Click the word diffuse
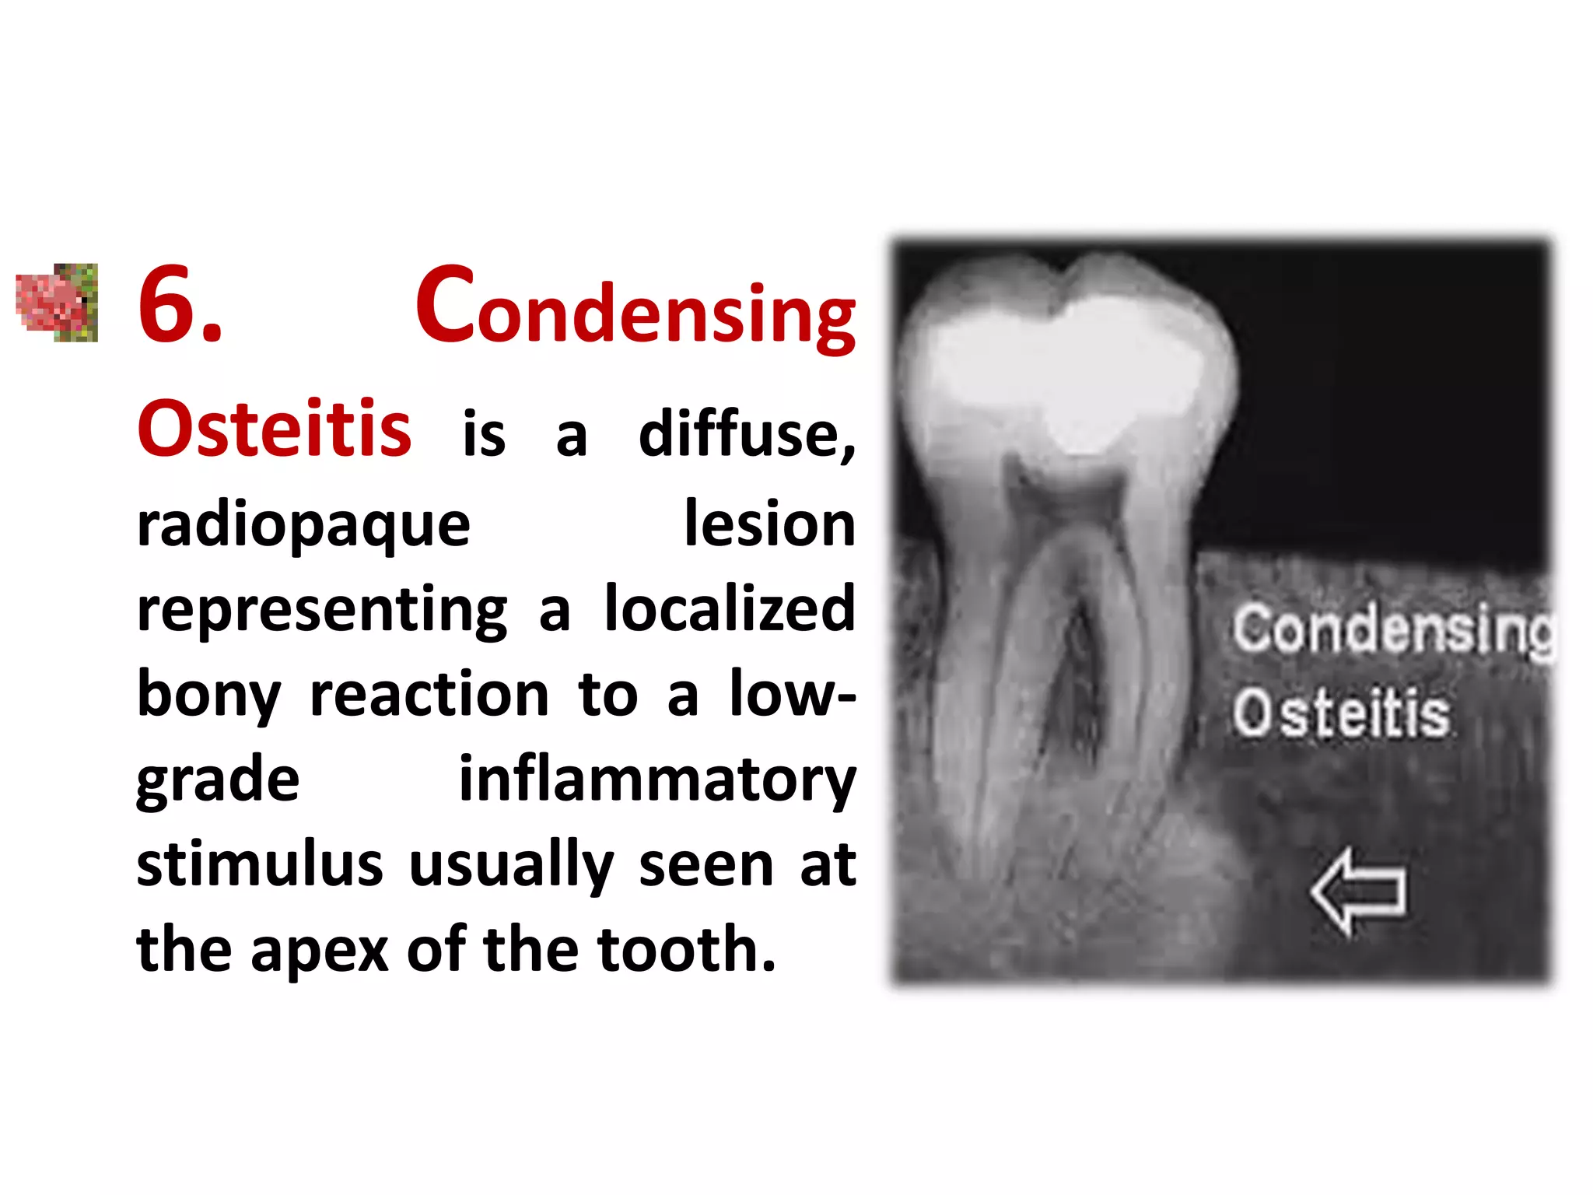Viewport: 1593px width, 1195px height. pos(745,434)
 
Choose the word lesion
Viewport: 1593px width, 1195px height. pos(769,524)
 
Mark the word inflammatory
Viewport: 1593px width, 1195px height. pos(656,781)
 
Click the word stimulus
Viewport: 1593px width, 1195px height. pos(259,864)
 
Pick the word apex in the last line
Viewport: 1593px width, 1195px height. pos(319,951)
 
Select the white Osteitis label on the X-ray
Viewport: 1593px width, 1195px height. pos(1341,713)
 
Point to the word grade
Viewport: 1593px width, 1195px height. pos(217,781)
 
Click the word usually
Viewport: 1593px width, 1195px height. pos(511,866)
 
